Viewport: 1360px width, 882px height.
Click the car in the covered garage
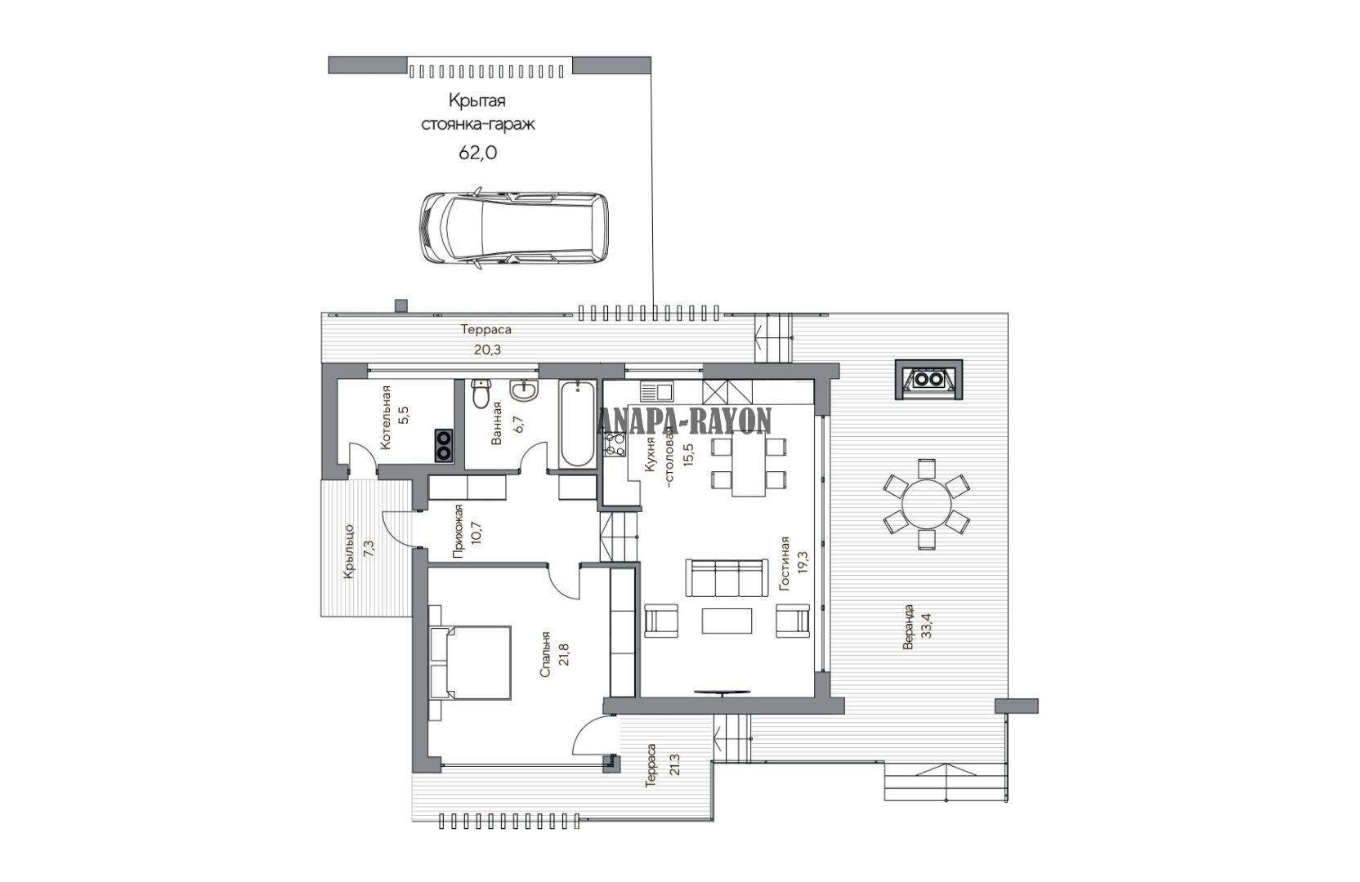point(513,228)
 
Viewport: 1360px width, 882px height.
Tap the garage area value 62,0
point(478,153)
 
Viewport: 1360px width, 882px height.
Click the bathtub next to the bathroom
point(577,424)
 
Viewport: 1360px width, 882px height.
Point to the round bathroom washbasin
point(524,390)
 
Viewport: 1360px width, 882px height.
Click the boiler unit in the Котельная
point(444,446)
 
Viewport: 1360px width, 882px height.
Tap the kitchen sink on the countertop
point(656,391)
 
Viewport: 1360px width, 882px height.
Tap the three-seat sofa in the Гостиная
point(725,578)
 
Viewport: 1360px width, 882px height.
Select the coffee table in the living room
point(727,621)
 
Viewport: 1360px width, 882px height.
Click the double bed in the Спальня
point(470,663)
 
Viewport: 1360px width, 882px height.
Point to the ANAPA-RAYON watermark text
point(684,421)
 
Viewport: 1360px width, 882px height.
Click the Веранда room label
point(908,626)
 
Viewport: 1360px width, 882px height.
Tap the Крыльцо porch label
point(349,551)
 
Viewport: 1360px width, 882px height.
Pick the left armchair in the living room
point(660,621)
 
